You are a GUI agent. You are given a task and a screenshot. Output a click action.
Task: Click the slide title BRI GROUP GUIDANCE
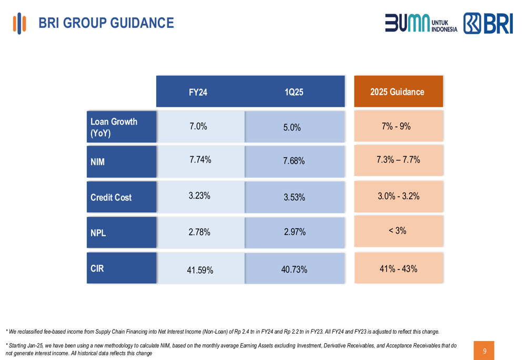click(x=106, y=23)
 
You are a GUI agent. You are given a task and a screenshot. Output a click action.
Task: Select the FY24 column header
click(x=198, y=92)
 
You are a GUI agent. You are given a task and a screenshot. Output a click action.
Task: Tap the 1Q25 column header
click(x=294, y=92)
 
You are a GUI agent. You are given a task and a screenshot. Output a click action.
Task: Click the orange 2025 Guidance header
click(x=398, y=92)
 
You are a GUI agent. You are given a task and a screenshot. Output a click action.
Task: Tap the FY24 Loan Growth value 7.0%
click(x=198, y=126)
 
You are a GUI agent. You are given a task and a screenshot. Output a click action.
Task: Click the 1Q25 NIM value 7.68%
click(x=294, y=161)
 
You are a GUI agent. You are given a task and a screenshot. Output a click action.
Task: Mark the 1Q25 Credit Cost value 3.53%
click(x=294, y=198)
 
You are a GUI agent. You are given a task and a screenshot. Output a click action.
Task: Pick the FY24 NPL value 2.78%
click(x=199, y=232)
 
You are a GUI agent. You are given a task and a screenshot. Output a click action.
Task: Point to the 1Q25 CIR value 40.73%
click(x=294, y=270)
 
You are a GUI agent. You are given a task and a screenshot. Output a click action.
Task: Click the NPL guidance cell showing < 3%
click(x=398, y=231)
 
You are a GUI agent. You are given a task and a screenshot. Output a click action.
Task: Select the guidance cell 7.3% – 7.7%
click(x=398, y=160)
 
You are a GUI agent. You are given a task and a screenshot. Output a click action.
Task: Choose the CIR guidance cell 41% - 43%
click(x=398, y=269)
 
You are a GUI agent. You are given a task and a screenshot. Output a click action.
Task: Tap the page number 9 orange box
click(x=484, y=351)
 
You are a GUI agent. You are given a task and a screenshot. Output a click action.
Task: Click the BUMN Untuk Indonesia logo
click(x=421, y=24)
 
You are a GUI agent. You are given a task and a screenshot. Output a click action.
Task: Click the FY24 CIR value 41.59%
click(x=200, y=271)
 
